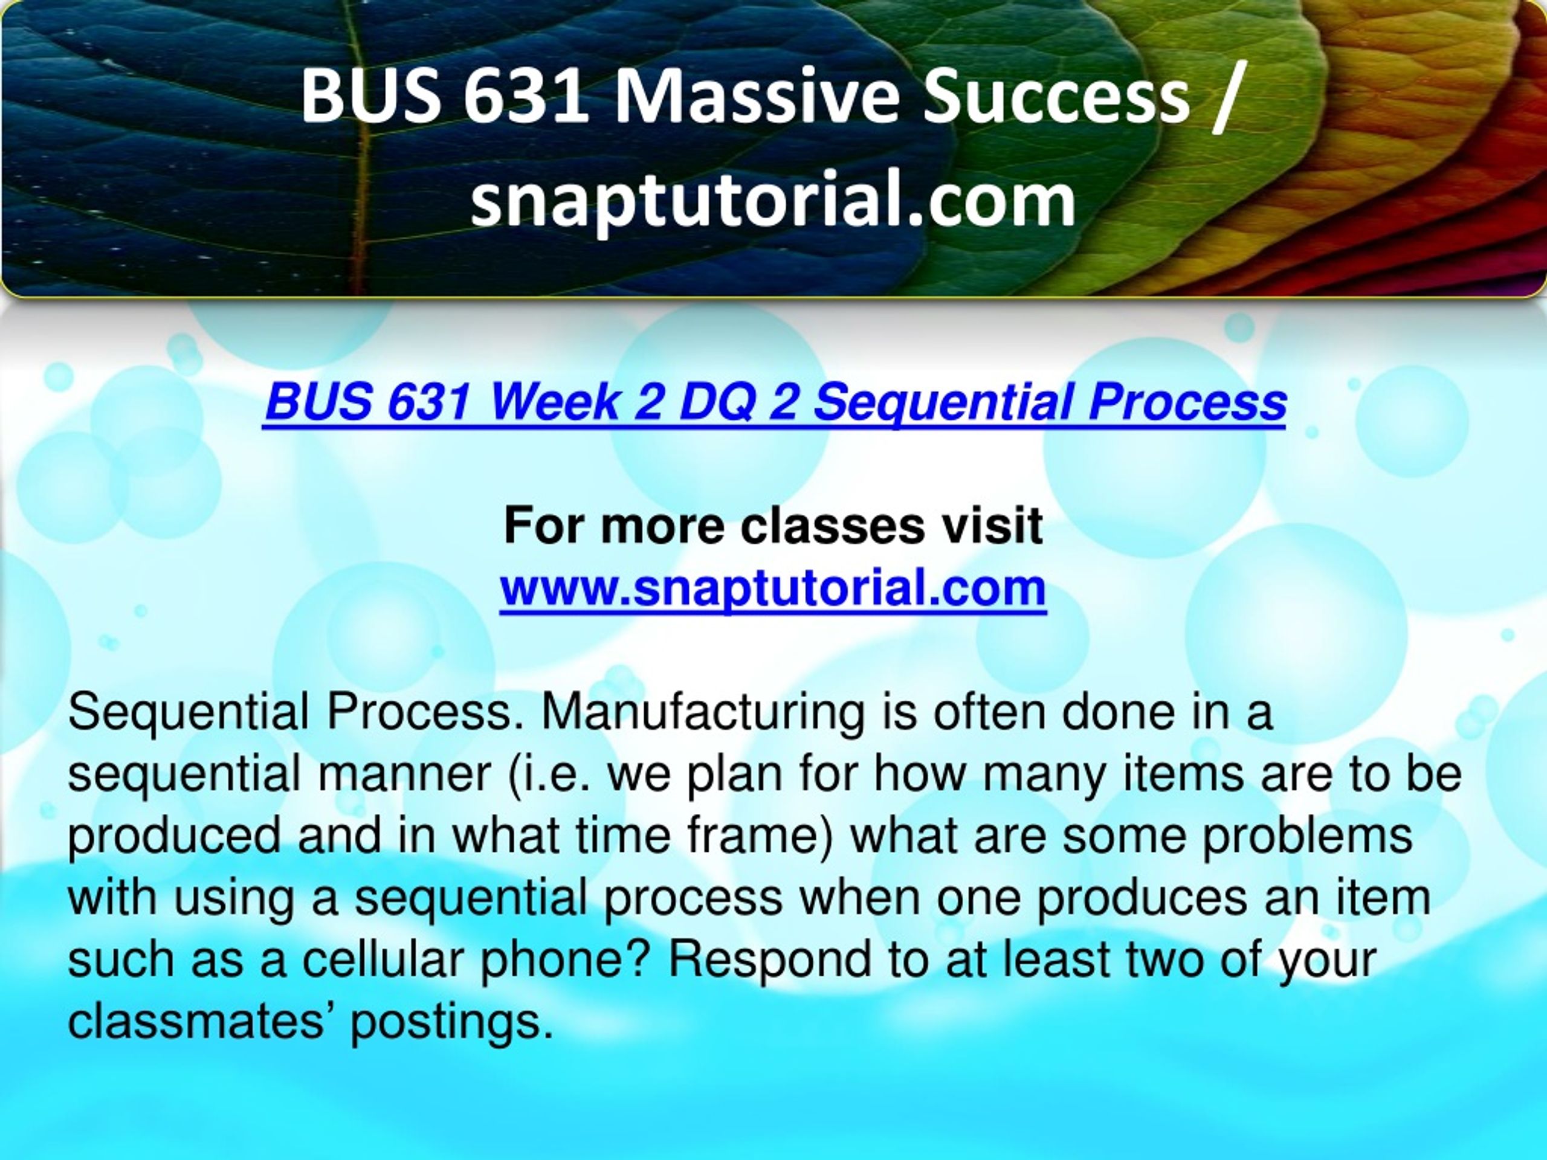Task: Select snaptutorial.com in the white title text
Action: point(773,200)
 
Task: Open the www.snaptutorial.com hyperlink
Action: point(773,588)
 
